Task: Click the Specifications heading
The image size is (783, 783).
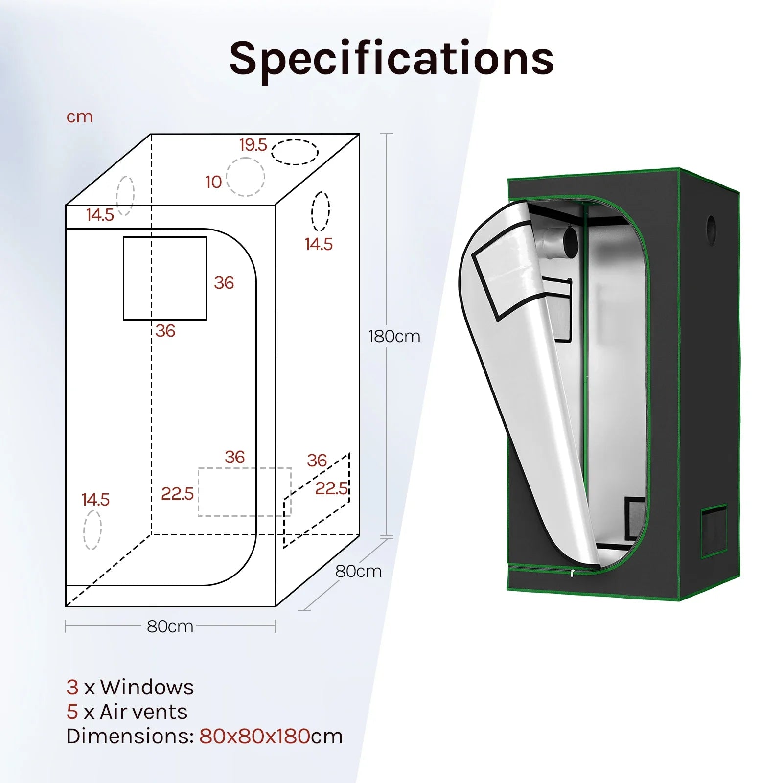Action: coord(391,59)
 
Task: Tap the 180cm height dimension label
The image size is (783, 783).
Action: coord(394,337)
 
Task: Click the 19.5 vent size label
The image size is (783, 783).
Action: coord(253,145)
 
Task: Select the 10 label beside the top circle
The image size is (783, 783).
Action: coord(213,182)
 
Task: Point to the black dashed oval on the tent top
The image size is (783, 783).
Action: coord(295,140)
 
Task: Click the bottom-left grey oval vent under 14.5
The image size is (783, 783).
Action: coord(84,530)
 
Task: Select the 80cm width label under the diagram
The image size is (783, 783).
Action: coord(170,626)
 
